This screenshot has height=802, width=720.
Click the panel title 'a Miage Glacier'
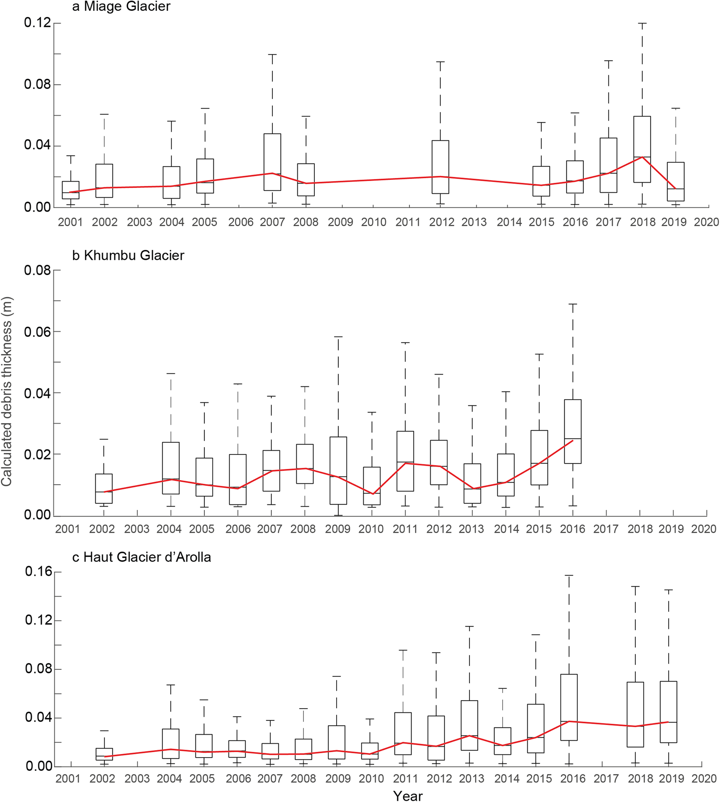(121, 7)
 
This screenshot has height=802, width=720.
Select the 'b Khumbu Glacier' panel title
(128, 255)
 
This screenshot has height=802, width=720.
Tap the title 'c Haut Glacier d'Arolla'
(142, 557)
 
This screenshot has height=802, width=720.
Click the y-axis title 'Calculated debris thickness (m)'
(7, 392)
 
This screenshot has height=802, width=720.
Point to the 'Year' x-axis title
(407, 796)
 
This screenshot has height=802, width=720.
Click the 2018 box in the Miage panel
(642, 149)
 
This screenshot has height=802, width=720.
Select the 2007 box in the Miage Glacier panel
(272, 162)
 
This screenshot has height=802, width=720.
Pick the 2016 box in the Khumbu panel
(573, 431)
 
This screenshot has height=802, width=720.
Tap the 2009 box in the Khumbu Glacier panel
(338, 470)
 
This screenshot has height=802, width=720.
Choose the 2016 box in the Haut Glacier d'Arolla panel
(569, 707)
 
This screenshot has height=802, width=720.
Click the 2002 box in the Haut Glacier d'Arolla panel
(104, 754)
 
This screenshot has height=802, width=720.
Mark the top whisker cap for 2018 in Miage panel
(642, 23)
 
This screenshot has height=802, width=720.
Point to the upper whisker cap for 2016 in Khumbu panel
(573, 304)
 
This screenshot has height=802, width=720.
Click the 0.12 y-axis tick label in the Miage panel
(37, 23)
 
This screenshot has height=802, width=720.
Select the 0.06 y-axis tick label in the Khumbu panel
(37, 331)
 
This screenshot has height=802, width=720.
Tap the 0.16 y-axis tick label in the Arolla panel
(39, 571)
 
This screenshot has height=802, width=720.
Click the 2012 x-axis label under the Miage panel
(441, 222)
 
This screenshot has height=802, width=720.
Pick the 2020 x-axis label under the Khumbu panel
(704, 529)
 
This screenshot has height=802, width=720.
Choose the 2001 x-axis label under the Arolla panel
(68, 778)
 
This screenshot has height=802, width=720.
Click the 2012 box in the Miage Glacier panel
(440, 167)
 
